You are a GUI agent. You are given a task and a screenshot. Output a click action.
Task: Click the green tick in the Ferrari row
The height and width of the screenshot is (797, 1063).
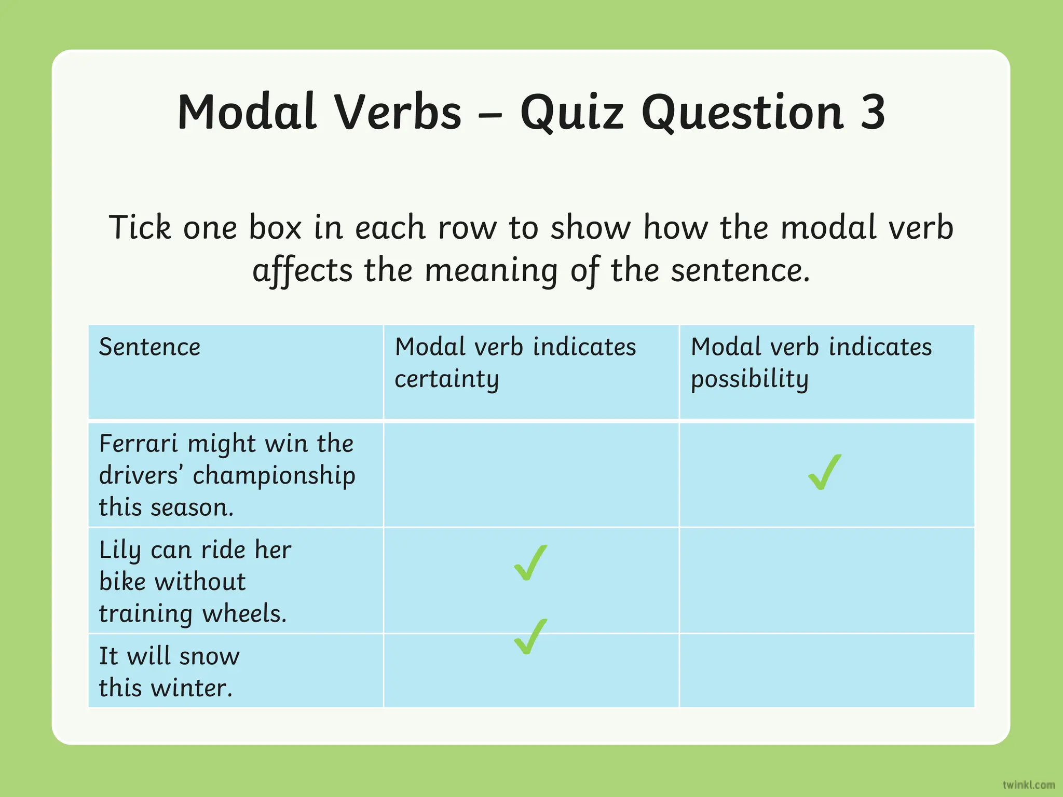coord(825,472)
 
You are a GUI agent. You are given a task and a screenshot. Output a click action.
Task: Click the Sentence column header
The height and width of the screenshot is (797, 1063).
coord(149,347)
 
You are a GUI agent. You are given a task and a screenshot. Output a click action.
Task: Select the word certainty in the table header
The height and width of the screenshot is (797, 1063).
coord(446,379)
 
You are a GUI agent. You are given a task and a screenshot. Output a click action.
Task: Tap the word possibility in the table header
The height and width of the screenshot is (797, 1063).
coord(749,379)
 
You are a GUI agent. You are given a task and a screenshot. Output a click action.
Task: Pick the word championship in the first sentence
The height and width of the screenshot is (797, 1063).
coord(274,476)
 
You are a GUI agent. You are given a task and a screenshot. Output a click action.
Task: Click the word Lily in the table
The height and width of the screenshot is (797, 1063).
coord(119,551)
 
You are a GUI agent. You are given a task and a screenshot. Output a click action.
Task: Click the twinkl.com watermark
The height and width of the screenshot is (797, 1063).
coord(1028,785)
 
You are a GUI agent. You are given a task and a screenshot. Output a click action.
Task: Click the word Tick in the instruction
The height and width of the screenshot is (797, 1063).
coord(140,228)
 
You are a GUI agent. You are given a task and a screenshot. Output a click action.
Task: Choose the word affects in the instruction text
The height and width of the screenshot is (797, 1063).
coord(302,271)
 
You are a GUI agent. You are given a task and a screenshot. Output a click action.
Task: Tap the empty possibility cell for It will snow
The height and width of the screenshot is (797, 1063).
coord(826,670)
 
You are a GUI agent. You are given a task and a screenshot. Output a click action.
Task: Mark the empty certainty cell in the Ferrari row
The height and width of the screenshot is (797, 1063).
coord(531,475)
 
